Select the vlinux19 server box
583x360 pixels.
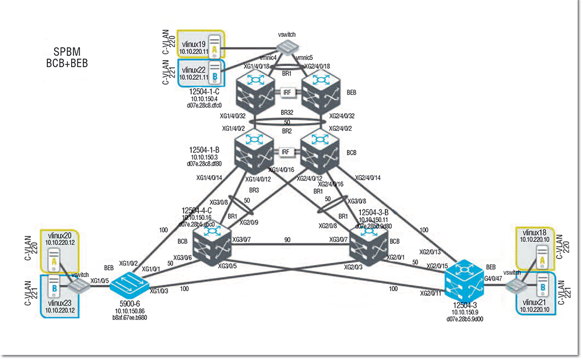(200, 46)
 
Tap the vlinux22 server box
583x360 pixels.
(200, 72)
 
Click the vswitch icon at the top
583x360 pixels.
(287, 47)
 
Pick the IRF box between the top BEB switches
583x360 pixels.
(286, 92)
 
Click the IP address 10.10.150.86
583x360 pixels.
(130, 312)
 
